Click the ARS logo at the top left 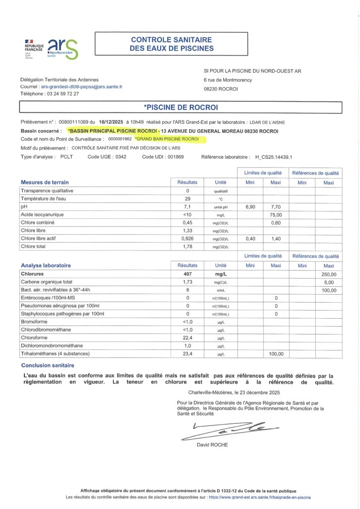tap(63, 49)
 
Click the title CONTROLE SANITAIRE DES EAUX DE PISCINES tap(172, 44)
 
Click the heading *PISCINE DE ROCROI tap(180, 107)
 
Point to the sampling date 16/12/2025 tap(111, 122)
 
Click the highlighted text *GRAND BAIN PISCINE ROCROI tap(170, 139)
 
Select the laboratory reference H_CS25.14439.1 tap(273, 157)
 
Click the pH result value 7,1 tap(187, 206)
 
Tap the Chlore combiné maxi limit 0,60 tap(275, 222)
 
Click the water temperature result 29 tap(187, 198)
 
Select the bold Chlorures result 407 tap(187, 273)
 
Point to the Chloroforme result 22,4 tap(187, 338)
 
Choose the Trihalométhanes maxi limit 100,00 tap(275, 354)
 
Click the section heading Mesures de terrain tap(45, 182)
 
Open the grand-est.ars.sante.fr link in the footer tap(260, 497)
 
